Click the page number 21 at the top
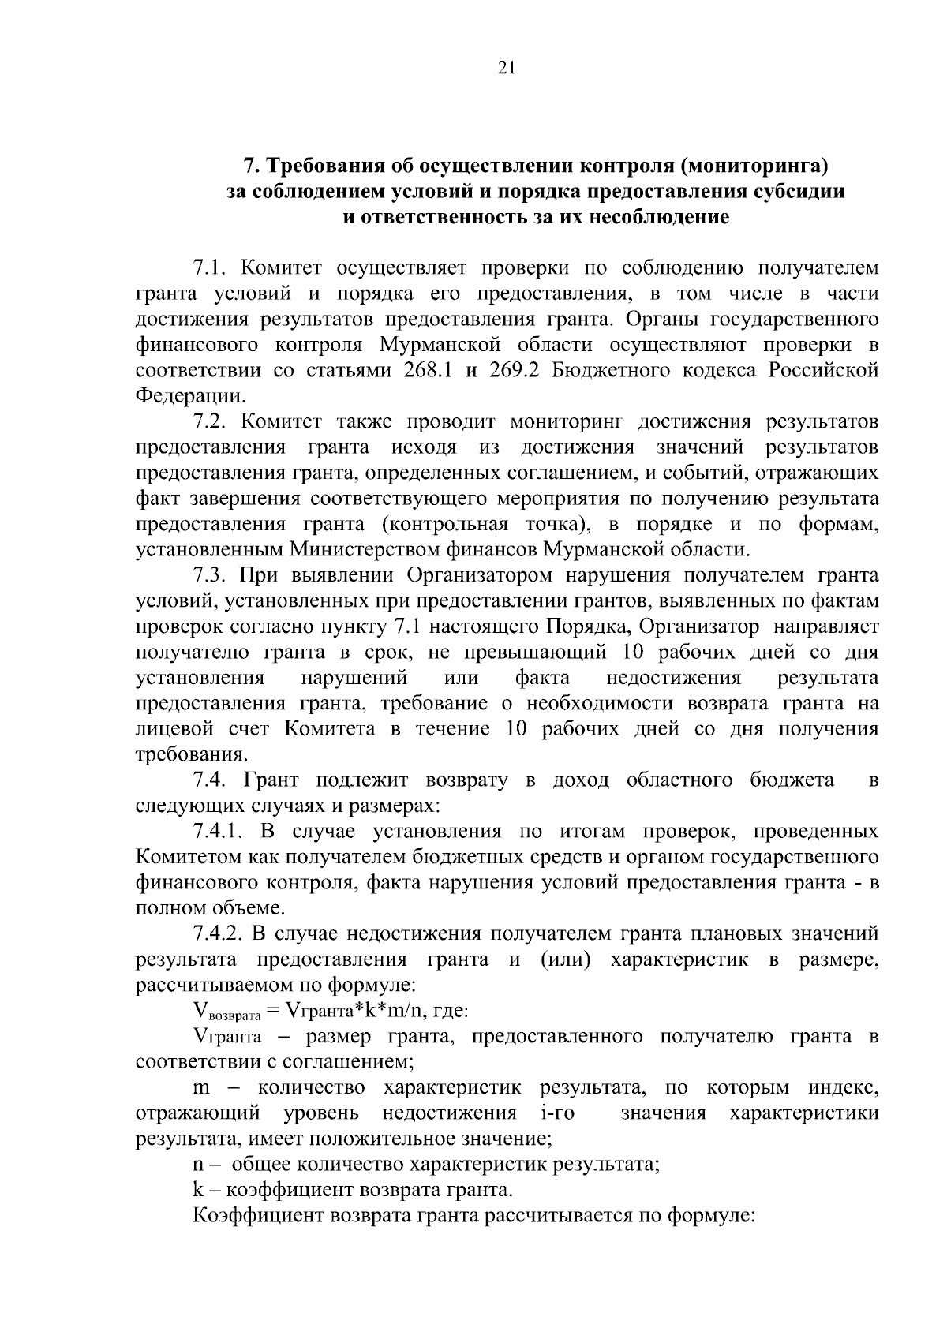507,69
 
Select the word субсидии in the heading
807,192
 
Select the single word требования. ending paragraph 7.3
186,754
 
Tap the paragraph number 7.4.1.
221,831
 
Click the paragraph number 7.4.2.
221,933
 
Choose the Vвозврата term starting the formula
226,1012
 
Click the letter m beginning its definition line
201,1088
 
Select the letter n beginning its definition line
198,1164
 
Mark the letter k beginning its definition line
198,1190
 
